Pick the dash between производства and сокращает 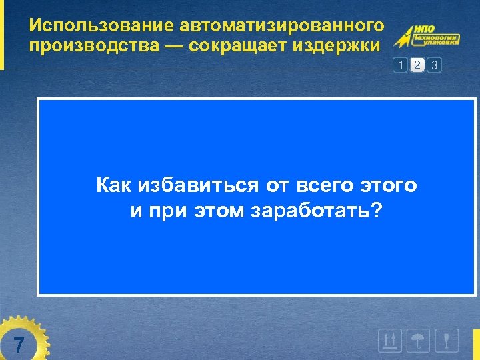(x=175, y=47)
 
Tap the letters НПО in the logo (x=425, y=29)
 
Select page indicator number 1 (x=400, y=65)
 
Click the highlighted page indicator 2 (x=417, y=65)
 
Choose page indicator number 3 (x=435, y=65)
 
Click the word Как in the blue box (x=113, y=185)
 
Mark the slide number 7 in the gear (x=19, y=345)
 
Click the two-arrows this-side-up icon (x=389, y=341)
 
